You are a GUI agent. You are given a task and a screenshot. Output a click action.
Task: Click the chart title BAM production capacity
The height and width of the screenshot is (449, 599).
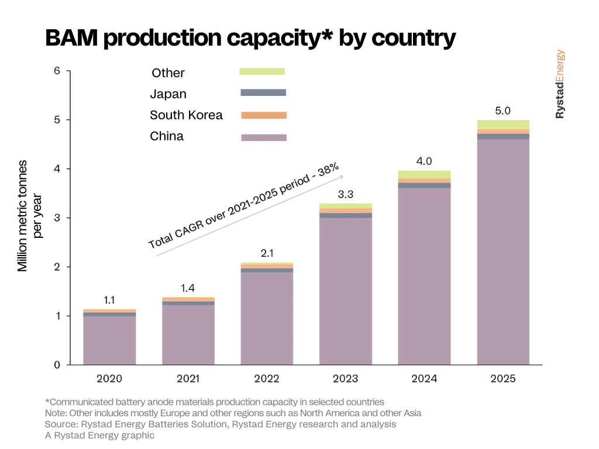[x=250, y=38]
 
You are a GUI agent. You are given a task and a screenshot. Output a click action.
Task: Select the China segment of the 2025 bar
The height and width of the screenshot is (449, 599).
[x=503, y=251]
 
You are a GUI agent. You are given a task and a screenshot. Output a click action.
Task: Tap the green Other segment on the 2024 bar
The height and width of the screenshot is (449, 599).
[x=424, y=174]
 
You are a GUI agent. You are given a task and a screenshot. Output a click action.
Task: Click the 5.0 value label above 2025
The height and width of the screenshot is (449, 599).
[x=503, y=110]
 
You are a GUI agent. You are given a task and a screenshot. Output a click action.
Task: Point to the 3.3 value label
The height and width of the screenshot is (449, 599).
[x=346, y=195]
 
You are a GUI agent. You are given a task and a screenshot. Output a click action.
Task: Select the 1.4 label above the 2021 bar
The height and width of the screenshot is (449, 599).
[x=188, y=288]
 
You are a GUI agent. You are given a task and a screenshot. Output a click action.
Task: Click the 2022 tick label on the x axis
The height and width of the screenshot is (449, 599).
[x=267, y=378]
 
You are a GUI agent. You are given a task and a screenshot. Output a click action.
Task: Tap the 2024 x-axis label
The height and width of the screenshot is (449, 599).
[x=424, y=378]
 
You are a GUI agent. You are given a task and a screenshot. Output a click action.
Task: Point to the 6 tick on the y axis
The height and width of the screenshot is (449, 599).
[x=57, y=71]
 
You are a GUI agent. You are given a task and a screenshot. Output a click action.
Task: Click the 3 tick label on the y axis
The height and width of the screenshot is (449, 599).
[x=57, y=218]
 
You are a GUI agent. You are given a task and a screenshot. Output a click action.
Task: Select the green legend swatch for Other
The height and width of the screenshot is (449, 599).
[x=262, y=71]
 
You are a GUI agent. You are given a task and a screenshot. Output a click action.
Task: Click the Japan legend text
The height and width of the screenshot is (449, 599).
[x=168, y=94]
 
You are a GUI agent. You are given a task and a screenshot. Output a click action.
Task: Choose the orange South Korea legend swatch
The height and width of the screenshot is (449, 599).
[x=264, y=115]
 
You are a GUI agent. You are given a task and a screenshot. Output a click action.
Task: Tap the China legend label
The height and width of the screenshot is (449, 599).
[x=167, y=136]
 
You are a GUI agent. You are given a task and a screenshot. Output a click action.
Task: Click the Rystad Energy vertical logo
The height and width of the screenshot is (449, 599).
[x=560, y=84]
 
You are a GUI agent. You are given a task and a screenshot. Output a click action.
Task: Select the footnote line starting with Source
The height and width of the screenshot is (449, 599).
[x=220, y=424]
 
